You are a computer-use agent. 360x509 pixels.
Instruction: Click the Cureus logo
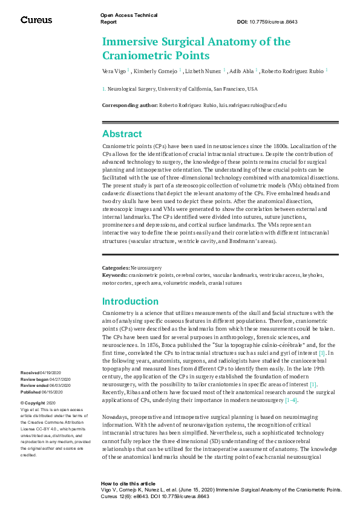coord(36,20)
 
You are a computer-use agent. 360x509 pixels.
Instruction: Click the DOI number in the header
coord(273,22)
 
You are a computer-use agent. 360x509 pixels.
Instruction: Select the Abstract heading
coord(122,134)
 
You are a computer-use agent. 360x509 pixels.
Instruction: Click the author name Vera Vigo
coord(114,71)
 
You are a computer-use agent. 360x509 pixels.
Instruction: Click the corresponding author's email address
coord(253,105)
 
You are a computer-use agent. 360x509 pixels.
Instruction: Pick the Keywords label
coord(115,274)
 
